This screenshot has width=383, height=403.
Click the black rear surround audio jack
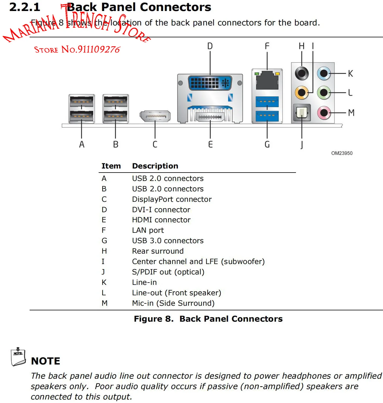pos(302,73)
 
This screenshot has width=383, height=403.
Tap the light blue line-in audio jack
pos(324,74)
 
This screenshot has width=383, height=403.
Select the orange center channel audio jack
pos(302,93)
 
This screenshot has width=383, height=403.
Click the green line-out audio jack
pos(324,93)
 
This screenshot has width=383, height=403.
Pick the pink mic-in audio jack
pos(324,113)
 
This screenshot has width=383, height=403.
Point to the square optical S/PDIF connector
pos(302,112)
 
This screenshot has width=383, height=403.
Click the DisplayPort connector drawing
pos(155,116)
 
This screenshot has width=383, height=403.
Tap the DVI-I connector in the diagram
pos(210,83)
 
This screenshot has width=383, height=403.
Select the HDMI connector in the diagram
pos(210,117)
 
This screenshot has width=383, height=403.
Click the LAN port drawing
pos(267,80)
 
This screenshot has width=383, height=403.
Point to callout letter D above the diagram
pos(210,46)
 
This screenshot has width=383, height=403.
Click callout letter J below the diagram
pos(302,144)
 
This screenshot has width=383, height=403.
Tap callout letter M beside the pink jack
pos(351,113)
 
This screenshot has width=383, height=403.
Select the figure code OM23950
pos(342,153)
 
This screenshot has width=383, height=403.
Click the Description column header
pos(155,166)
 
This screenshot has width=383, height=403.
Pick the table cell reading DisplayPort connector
pos(172,199)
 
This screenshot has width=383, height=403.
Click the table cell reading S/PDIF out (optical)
pos(168,272)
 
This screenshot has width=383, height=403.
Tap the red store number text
pos(77,50)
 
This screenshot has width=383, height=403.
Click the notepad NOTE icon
pos(18,357)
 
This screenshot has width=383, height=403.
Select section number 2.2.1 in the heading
pos(25,7)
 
